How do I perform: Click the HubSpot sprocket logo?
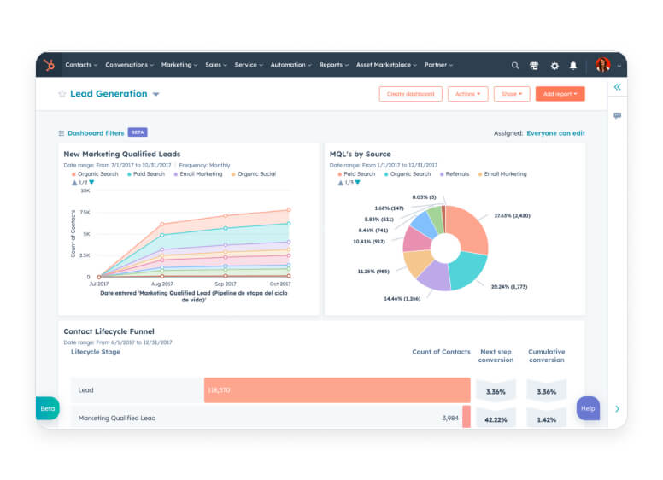pos(50,65)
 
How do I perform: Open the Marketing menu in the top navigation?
pos(179,65)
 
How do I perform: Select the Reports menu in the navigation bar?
pos(333,65)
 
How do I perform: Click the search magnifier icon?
pos(515,66)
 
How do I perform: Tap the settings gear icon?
pos(554,66)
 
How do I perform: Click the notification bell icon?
pos(573,66)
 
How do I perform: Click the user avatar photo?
pos(603,65)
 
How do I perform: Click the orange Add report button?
pos(560,94)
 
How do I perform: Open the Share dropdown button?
pos(511,94)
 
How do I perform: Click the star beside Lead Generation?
pos(62,94)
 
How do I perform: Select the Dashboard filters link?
pos(96,133)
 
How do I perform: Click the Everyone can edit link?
pos(555,133)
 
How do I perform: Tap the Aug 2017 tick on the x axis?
pos(161,284)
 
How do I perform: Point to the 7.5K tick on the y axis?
pos(84,212)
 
